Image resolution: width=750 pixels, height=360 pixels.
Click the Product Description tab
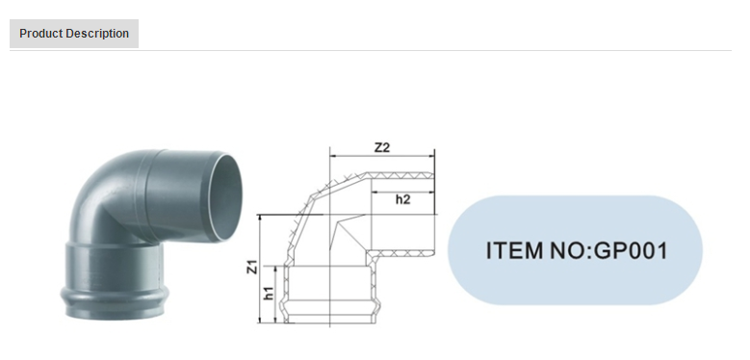point(74,34)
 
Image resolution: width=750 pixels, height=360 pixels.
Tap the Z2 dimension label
point(381,147)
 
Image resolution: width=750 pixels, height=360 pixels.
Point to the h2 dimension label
point(402,199)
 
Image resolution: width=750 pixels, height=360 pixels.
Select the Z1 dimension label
point(252,267)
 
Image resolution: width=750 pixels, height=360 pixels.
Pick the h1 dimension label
point(269,294)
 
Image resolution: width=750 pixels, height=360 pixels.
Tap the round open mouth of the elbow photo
point(225,197)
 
